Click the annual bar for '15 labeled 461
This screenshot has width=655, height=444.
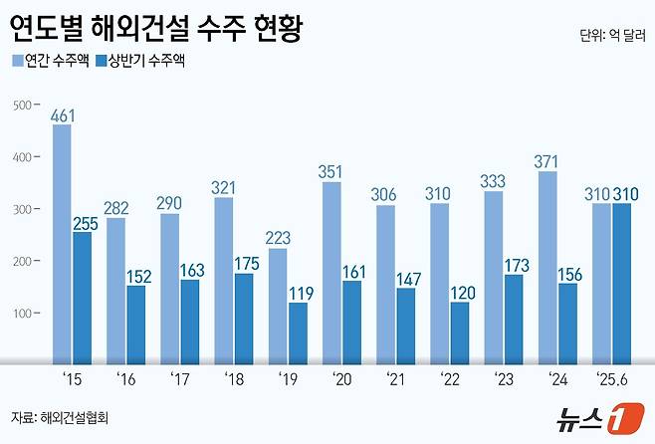coord(62,245)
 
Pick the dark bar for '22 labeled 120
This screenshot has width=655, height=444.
coord(460,333)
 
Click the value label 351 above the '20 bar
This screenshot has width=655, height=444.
coord(330,171)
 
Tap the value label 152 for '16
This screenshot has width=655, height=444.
coord(136,276)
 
